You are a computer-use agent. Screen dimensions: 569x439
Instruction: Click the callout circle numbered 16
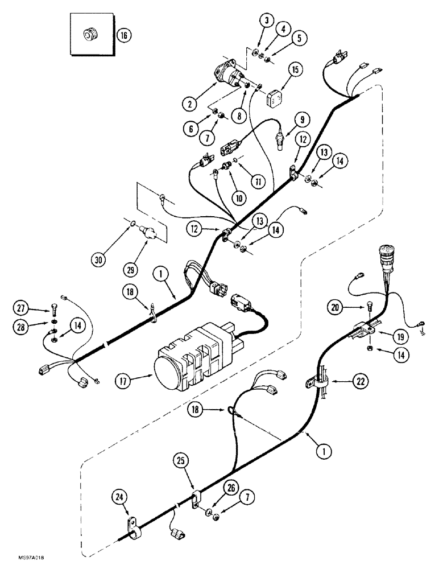pos(123,35)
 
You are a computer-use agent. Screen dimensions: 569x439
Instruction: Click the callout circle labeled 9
pos(301,119)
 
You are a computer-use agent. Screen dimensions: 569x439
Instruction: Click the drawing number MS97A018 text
pos(28,560)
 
